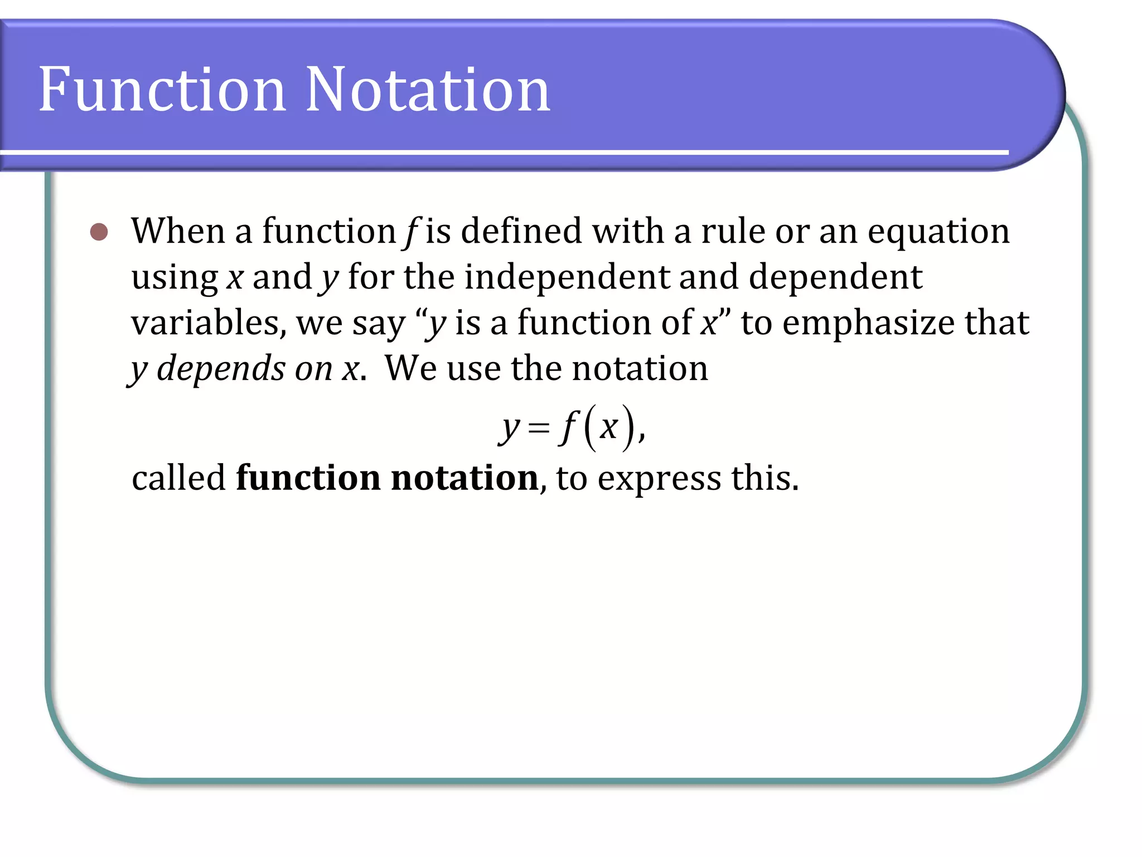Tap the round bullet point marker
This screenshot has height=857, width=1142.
tap(99, 232)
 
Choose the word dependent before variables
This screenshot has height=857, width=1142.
tap(835, 277)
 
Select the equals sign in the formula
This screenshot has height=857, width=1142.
tap(538, 428)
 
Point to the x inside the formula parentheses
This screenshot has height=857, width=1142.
tap(608, 427)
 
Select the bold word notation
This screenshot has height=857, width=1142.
tap(464, 478)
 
